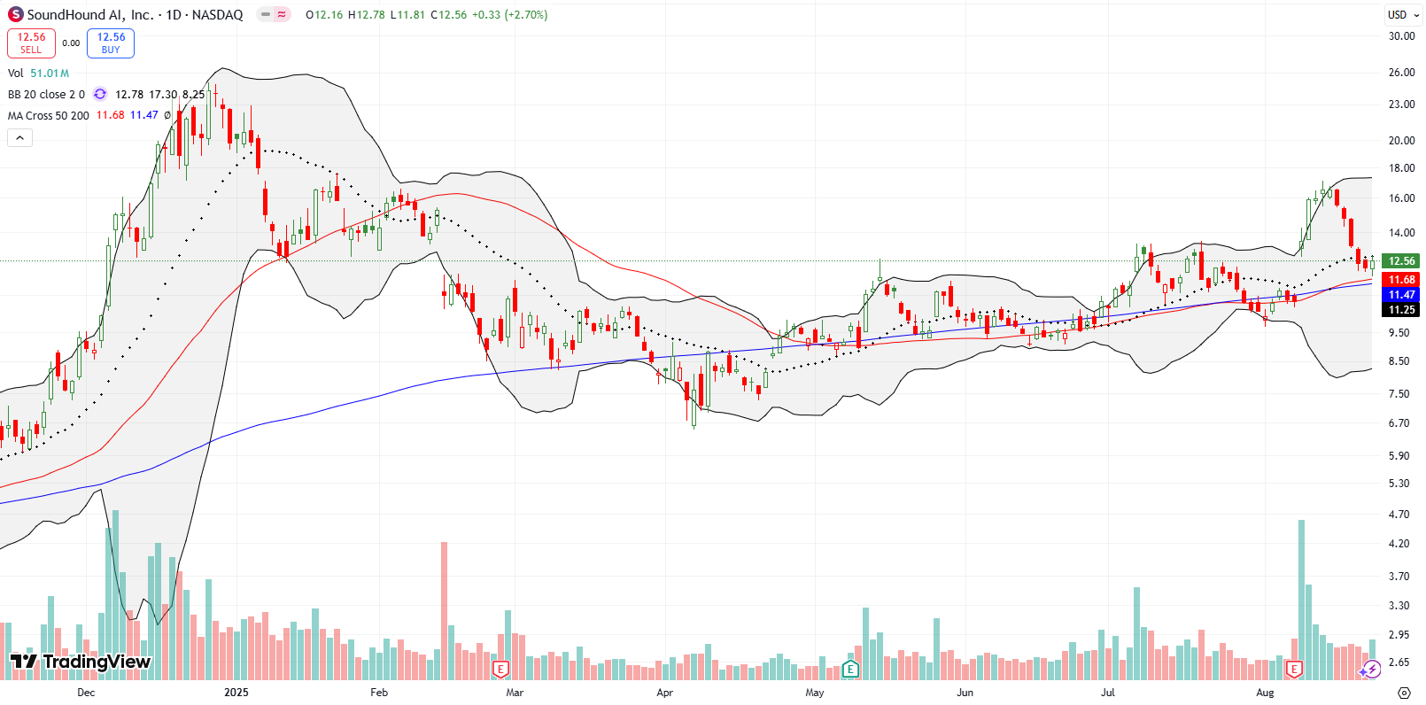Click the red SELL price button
[x=31, y=43]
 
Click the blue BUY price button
[x=111, y=43]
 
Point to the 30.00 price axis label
[x=1401, y=36]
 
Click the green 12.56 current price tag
[x=1401, y=261]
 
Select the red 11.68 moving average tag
[x=1401, y=280]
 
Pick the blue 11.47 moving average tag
[x=1401, y=295]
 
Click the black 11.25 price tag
[x=1401, y=310]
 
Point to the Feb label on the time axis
[x=379, y=693]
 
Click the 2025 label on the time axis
[x=236, y=693]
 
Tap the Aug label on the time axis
[x=1265, y=693]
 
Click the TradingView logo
[x=81, y=662]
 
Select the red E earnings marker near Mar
[x=500, y=669]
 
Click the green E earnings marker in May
[x=850, y=669]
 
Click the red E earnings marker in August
[x=1294, y=669]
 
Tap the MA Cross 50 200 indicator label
[x=49, y=116]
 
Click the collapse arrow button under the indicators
[x=19, y=137]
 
